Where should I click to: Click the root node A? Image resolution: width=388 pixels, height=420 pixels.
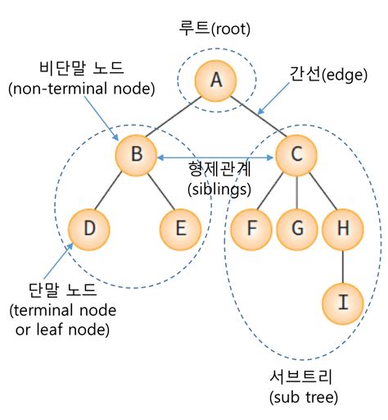pos(215,80)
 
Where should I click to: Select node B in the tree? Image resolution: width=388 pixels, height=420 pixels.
pos(136,155)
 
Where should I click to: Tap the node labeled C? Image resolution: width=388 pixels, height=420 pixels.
pos(296,155)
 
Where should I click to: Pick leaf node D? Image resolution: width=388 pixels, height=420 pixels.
pos(89,229)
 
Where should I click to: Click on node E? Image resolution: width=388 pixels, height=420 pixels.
pos(180,229)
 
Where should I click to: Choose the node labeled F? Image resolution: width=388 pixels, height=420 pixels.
pos(251,229)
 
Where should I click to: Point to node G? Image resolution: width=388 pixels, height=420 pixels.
pos(297,229)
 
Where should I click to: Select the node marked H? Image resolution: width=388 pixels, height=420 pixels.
pos(343,229)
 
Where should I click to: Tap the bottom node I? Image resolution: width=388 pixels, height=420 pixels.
pos(343,304)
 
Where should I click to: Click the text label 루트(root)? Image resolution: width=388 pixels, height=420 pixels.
pos(214,29)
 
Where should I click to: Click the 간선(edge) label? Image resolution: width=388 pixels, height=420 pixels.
pos(328,75)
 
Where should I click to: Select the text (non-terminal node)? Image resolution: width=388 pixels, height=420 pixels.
pos(82,89)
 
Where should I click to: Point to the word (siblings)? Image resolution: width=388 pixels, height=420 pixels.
pos(219,189)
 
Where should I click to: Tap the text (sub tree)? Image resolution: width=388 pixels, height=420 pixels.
pos(304,397)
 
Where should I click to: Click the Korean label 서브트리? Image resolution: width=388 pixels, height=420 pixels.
pos(301,377)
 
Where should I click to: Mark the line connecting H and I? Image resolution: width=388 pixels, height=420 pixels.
pos(343,267)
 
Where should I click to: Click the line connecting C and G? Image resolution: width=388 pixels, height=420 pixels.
pos(296,192)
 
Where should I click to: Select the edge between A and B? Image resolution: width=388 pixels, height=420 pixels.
pos(173,116)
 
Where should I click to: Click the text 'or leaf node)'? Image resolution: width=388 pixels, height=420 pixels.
pos(62,329)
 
